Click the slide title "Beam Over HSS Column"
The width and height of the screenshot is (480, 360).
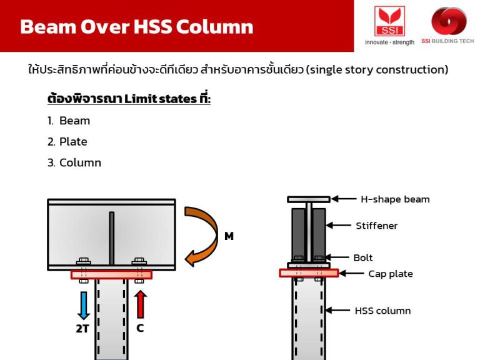[136, 27]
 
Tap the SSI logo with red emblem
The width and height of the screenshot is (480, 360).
[389, 22]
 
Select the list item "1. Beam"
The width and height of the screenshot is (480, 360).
[69, 121]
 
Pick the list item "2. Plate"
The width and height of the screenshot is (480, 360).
[67, 142]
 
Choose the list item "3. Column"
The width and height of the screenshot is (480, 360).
[74, 162]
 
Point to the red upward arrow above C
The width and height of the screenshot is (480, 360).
[140, 302]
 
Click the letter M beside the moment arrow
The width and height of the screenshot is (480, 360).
[229, 236]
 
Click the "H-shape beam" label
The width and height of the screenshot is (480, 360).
[395, 199]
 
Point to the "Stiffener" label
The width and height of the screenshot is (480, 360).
[376, 226]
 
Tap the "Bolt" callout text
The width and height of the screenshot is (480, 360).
[363, 257]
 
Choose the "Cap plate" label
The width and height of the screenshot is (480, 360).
[390, 274]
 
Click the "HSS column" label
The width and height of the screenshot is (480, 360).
[382, 311]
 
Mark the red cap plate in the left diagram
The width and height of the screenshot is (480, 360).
[111, 274]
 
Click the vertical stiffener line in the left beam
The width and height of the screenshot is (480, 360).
[111, 237]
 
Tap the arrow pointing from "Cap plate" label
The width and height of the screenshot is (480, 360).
[351, 274]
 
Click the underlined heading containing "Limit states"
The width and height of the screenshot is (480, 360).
[129, 99]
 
